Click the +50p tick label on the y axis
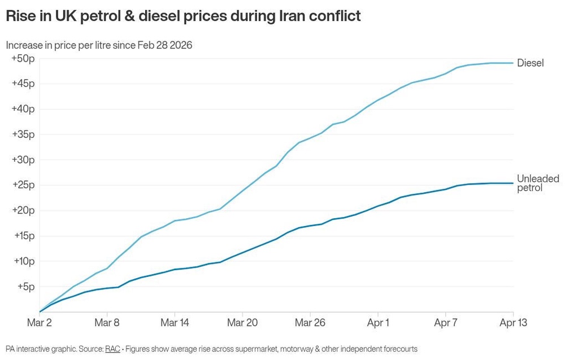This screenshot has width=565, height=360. point(23,58)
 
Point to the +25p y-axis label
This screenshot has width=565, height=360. point(23,185)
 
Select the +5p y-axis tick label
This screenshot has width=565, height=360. point(25,287)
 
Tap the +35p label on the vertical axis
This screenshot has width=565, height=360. point(23,134)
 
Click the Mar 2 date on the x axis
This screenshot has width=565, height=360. point(40,323)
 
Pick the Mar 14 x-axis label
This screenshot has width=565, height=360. point(175,323)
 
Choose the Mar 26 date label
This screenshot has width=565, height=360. point(310,323)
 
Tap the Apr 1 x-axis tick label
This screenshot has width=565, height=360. point(378,323)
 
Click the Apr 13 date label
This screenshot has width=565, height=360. point(512,323)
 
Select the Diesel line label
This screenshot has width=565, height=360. point(530,63)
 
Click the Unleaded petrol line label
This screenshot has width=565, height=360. point(537,183)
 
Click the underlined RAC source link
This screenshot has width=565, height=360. point(112,349)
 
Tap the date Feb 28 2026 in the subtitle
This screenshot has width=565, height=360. point(164,45)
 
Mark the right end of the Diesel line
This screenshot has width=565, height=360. point(513,63)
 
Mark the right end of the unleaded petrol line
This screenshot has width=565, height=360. point(513,183)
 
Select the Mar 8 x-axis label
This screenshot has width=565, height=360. point(107,323)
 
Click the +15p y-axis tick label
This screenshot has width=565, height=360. point(23,236)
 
